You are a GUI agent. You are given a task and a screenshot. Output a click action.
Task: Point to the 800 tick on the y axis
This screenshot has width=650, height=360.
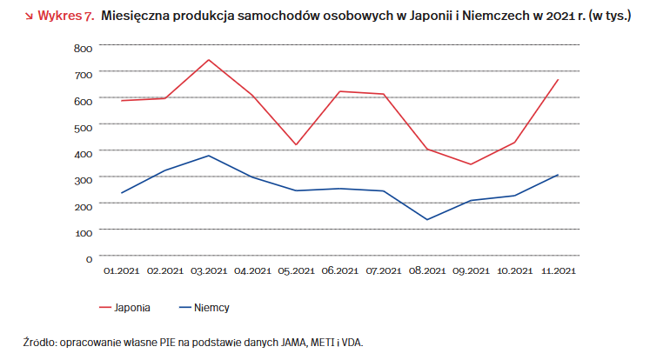coord(83,49)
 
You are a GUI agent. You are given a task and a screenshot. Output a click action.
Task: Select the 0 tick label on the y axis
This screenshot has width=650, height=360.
coord(88,258)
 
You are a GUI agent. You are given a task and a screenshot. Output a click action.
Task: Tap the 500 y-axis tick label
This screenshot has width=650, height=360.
coord(83,127)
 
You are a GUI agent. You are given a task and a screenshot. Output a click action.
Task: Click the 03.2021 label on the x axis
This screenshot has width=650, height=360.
coord(209,271)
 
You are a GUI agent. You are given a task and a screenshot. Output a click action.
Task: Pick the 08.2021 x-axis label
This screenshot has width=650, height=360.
coord(426,271)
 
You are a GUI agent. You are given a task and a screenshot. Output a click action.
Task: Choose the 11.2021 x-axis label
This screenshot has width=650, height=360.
coord(557,271)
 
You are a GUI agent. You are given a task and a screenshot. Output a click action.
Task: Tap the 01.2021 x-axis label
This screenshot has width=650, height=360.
coord(122,271)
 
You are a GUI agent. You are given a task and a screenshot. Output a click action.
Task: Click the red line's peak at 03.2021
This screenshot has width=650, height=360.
coord(209,60)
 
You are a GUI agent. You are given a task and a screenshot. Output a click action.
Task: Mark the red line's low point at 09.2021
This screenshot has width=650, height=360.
coord(470,164)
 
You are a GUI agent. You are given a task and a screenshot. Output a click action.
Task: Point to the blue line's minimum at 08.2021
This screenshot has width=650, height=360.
coord(426,219)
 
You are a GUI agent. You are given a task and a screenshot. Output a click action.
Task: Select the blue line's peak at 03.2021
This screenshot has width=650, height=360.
coord(209,156)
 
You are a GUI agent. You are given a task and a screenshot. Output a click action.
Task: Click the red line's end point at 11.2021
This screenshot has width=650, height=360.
coord(557,80)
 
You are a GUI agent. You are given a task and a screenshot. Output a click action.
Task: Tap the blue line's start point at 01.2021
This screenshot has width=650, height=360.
coord(122,193)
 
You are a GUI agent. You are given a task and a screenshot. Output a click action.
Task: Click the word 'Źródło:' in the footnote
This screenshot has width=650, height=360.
coord(41,342)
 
